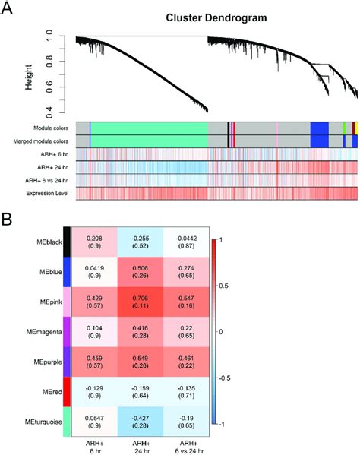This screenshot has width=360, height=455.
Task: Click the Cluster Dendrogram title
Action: (216, 18)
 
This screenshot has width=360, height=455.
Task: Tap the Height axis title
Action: (28, 77)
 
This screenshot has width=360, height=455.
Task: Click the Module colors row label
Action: (51, 128)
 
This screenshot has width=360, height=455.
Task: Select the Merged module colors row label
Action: (41, 141)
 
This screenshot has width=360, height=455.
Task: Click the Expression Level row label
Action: (47, 193)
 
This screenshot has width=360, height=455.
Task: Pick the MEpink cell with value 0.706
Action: (141, 302)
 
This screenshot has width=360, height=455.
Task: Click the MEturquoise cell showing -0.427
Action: (141, 422)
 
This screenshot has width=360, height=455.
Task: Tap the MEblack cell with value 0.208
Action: (95, 242)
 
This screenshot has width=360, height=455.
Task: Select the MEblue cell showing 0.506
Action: (141, 272)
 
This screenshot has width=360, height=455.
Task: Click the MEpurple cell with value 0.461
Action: (186, 362)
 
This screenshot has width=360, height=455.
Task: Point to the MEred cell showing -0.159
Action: (141, 392)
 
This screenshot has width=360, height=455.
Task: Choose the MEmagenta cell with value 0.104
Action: (95, 332)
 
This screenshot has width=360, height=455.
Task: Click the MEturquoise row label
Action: (43, 422)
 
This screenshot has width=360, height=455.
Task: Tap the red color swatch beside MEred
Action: (67, 392)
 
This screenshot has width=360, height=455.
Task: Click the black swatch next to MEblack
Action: (67, 242)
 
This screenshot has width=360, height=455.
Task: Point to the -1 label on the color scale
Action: (221, 425)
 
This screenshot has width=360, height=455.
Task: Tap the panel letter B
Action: (6, 220)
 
